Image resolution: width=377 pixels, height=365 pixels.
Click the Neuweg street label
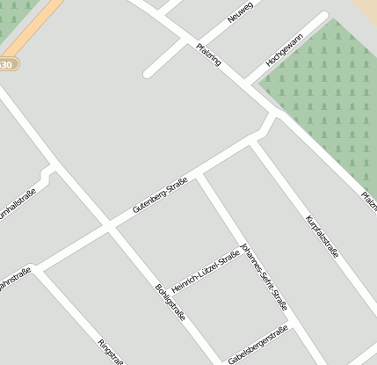[x=239, y=12]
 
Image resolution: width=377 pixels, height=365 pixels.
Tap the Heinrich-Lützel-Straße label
[x=205, y=273]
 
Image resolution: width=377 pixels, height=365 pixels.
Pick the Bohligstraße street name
[x=170, y=303]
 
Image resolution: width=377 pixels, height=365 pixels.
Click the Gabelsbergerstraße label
[x=257, y=346]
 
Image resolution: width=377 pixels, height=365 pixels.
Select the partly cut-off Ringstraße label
[x=111, y=352]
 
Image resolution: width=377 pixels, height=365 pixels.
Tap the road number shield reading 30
[x=7, y=64]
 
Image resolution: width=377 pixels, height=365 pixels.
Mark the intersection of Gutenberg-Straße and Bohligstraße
[x=110, y=226]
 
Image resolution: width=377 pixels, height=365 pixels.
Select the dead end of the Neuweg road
[x=148, y=72]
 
